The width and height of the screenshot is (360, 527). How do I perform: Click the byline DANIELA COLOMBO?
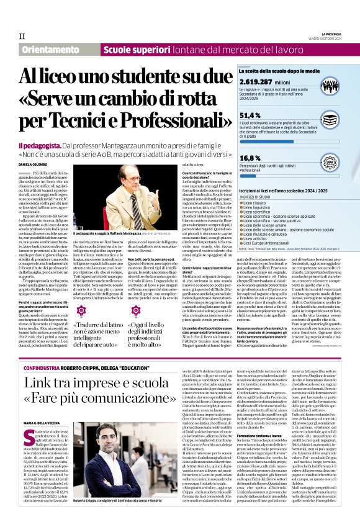pos(32,164)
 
